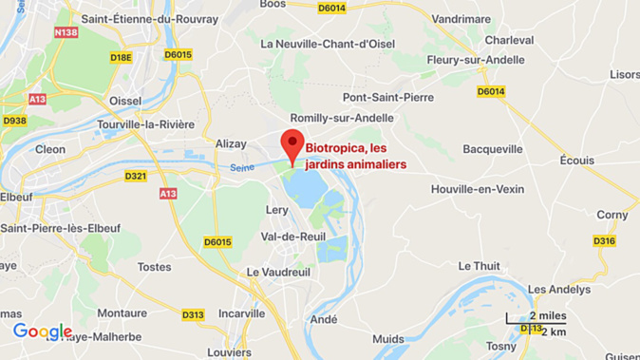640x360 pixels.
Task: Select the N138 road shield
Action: click(66, 32)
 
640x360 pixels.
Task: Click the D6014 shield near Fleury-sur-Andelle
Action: click(491, 91)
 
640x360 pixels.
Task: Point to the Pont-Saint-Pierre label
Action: click(388, 97)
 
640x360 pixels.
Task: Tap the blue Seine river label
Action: click(242, 168)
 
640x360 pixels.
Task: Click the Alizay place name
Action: click(231, 143)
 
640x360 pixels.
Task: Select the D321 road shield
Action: click(137, 176)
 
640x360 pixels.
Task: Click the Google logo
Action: click(42, 332)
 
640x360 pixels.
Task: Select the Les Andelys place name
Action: click(558, 289)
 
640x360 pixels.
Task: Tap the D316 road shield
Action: click(604, 241)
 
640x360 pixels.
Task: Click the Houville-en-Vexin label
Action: click(478, 189)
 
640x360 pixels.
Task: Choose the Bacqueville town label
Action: click(493, 149)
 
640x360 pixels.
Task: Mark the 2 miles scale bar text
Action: click(547, 315)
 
